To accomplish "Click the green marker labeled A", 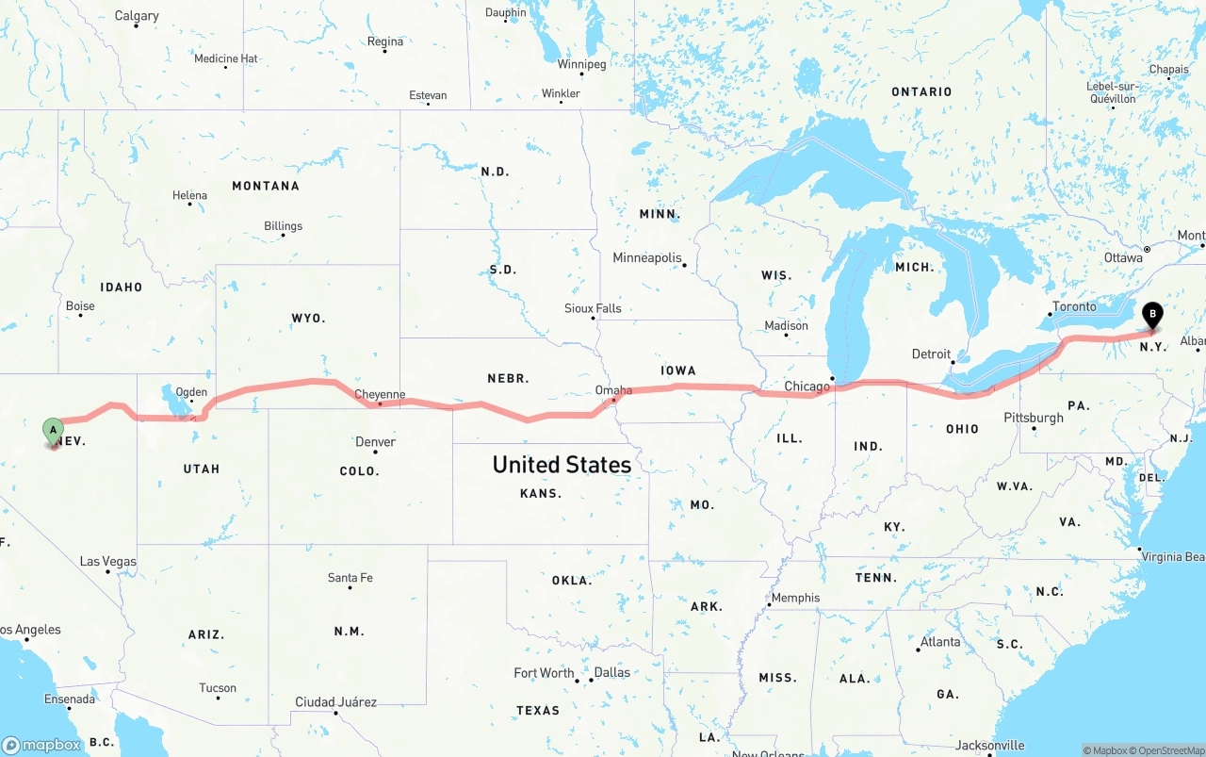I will click(54, 431).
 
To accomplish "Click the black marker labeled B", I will click(1151, 316).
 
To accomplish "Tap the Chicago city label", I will click(807, 387).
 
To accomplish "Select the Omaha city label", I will click(613, 390).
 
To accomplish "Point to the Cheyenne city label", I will click(380, 395).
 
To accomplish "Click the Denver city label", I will click(375, 442).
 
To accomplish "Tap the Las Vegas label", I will click(107, 562).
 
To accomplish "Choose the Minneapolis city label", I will click(646, 257).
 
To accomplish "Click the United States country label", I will click(562, 464).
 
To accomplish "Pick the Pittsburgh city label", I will click(1034, 418).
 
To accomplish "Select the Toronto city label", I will click(1074, 306).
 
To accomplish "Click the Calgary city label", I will click(137, 16).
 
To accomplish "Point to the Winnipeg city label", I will click(581, 64).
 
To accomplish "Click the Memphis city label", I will click(795, 598).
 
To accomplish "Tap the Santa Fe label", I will click(350, 578).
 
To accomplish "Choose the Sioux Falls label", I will click(593, 308).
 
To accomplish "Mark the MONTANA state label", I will click(266, 186).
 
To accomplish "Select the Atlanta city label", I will click(940, 642).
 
